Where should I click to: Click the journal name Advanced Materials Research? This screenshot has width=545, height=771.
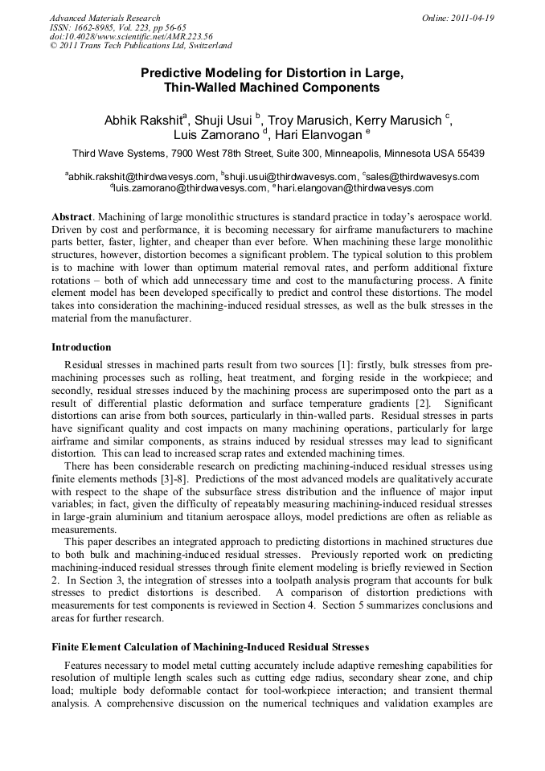coord(104,18)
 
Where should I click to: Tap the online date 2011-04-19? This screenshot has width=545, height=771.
coord(471,18)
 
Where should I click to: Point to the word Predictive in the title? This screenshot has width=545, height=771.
coord(175,73)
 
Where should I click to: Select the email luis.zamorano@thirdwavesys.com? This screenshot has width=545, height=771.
coord(191,188)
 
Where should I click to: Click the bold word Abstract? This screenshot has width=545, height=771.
coord(72,218)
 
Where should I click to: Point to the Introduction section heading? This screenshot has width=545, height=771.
coord(81,347)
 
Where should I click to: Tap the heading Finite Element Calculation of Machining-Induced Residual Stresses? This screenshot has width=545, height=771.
coord(210,646)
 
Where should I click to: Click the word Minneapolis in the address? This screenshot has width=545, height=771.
coord(360,153)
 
